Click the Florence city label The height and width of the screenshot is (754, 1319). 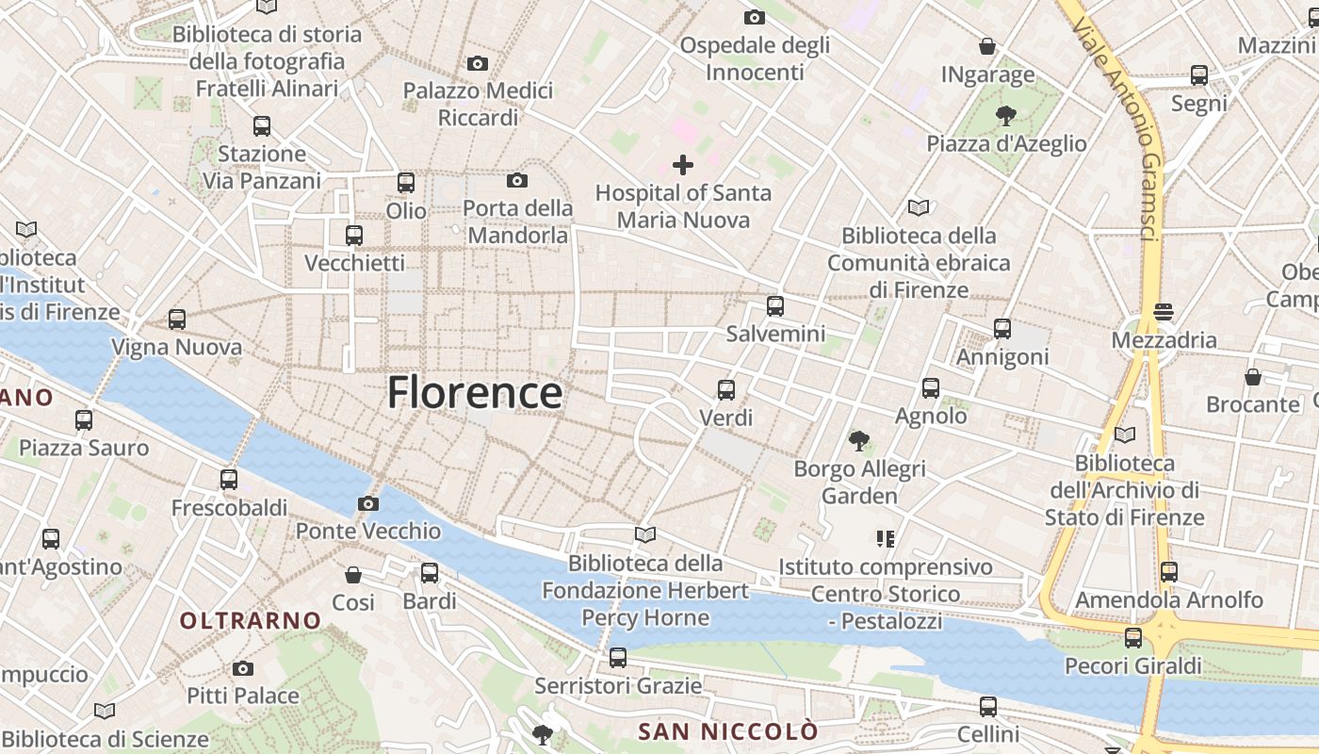click(475, 392)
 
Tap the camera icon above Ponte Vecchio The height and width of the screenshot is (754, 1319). click(368, 503)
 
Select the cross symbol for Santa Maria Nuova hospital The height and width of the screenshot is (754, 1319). click(683, 166)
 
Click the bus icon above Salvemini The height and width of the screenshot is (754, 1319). click(774, 305)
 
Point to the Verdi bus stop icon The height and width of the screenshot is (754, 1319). click(725, 389)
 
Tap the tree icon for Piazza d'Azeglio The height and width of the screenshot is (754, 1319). click(1006, 116)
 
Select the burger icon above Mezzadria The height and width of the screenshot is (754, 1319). click(1164, 312)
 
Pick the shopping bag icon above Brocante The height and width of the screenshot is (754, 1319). click(1252, 377)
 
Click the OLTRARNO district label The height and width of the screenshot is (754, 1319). click(251, 620)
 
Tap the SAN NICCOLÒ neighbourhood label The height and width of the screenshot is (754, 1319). click(728, 731)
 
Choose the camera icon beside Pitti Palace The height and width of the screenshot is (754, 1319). click(243, 668)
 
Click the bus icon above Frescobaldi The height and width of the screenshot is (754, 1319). click(229, 480)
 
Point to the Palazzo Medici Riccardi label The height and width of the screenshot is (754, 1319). click(478, 104)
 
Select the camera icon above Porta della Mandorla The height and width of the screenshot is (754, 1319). click(516, 180)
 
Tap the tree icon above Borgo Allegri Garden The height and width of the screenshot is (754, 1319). click(858, 440)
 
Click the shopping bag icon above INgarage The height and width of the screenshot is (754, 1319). click(987, 46)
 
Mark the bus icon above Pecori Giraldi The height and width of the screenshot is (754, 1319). click(1132, 638)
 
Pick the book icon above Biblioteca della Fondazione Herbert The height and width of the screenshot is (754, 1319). click(645, 535)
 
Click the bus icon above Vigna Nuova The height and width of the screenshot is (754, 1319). click(177, 320)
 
